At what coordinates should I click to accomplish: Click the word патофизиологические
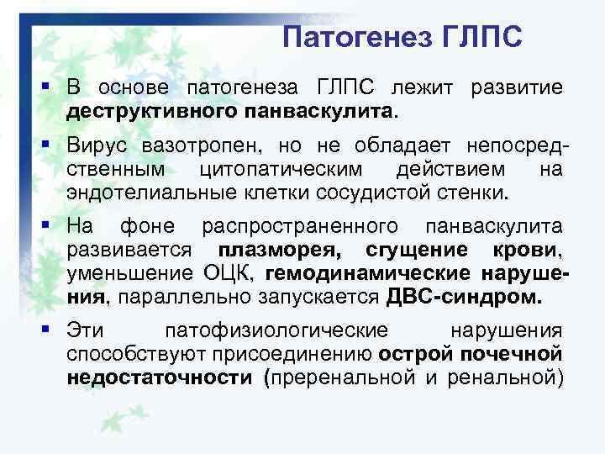(x=276, y=331)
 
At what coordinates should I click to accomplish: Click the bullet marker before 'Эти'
(x=52, y=331)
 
